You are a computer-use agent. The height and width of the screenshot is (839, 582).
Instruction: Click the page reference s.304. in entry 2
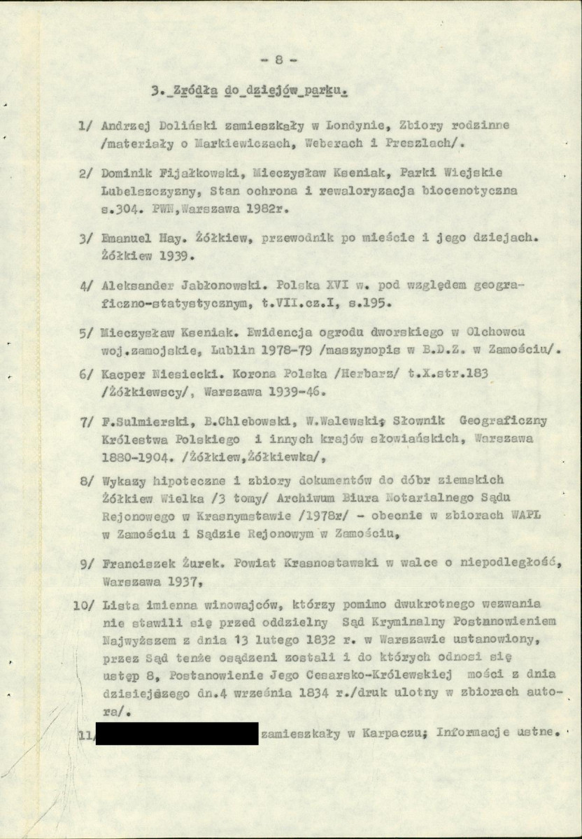tap(123, 209)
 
